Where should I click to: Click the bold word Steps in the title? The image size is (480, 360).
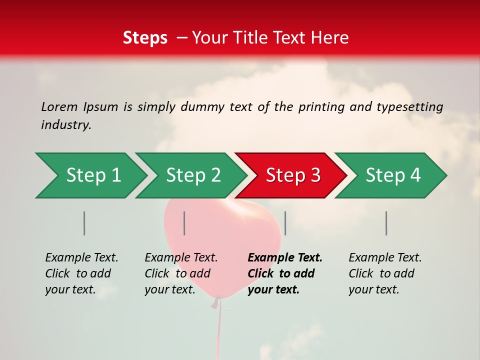[145, 37]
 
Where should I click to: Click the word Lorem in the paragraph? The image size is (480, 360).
[59, 106]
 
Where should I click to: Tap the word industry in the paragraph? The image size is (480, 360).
[66, 125]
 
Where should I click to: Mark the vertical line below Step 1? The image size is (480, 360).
[84, 223]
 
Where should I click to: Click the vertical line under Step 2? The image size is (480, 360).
[184, 223]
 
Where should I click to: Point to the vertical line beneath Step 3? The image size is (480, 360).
[285, 223]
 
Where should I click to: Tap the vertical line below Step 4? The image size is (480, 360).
[386, 223]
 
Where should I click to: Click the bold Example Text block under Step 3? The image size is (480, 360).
[284, 273]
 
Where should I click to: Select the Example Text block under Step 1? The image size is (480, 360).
[81, 273]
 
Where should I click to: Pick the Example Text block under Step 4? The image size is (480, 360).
[384, 273]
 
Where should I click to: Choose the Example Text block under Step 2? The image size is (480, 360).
[181, 273]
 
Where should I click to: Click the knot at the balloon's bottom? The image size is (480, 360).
[216, 302]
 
